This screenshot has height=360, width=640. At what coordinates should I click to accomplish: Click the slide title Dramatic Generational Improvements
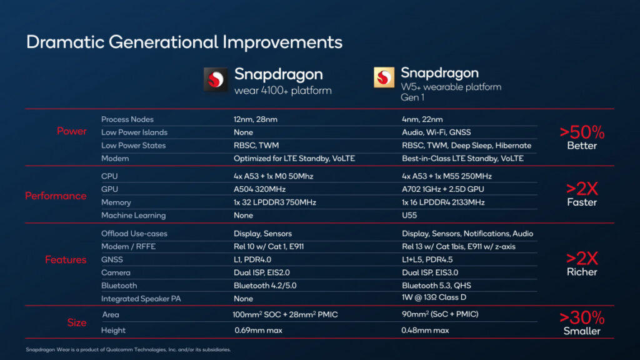[x=184, y=42]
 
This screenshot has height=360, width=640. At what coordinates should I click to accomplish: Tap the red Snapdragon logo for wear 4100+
[x=216, y=80]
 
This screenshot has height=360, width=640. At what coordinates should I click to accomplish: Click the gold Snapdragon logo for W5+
[x=384, y=77]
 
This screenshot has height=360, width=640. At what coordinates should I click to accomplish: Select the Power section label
[x=72, y=131]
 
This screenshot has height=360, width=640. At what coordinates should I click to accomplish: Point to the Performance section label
[x=56, y=196]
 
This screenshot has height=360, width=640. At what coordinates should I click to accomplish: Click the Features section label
[x=66, y=259]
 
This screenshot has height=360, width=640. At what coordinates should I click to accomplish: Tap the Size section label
[x=77, y=322]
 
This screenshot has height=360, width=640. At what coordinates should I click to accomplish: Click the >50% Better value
[x=582, y=137]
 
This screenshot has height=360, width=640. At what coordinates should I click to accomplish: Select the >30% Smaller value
[x=582, y=322]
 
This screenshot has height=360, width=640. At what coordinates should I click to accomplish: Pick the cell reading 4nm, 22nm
[x=422, y=119]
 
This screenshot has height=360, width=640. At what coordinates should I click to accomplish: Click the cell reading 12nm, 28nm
[x=256, y=119]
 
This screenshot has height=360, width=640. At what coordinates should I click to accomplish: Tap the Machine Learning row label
[x=133, y=216]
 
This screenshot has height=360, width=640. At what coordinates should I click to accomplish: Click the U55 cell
[x=409, y=216]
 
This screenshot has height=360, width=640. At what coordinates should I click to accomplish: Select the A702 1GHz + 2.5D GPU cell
[x=442, y=189]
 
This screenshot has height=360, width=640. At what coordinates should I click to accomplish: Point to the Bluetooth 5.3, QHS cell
[x=437, y=286]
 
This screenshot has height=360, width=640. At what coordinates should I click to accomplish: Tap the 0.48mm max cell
[x=425, y=330]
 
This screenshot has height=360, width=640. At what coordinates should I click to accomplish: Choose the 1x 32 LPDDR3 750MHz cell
[x=276, y=202]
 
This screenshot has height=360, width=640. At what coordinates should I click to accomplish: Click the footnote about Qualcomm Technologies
[x=128, y=349]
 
